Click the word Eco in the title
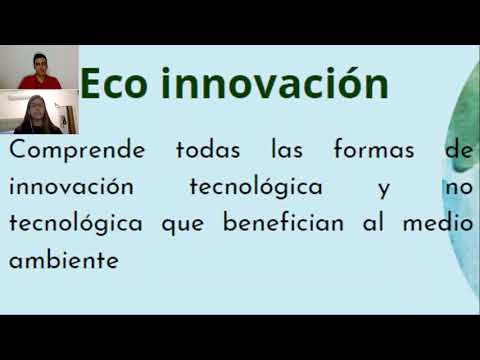coord(113,84)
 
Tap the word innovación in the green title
coord(275,82)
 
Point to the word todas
coord(208,149)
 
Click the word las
coord(287,149)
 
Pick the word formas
coord(374,149)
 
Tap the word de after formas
coord(459,149)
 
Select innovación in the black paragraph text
coord(71,185)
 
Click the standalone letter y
coord(384,190)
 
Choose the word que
coord(183,225)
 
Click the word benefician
coord(283,222)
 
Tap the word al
coord(373,222)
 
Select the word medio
coord(438,222)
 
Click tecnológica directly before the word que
coord(76,223)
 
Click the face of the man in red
coord(40,64)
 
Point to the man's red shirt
coord(40,82)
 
